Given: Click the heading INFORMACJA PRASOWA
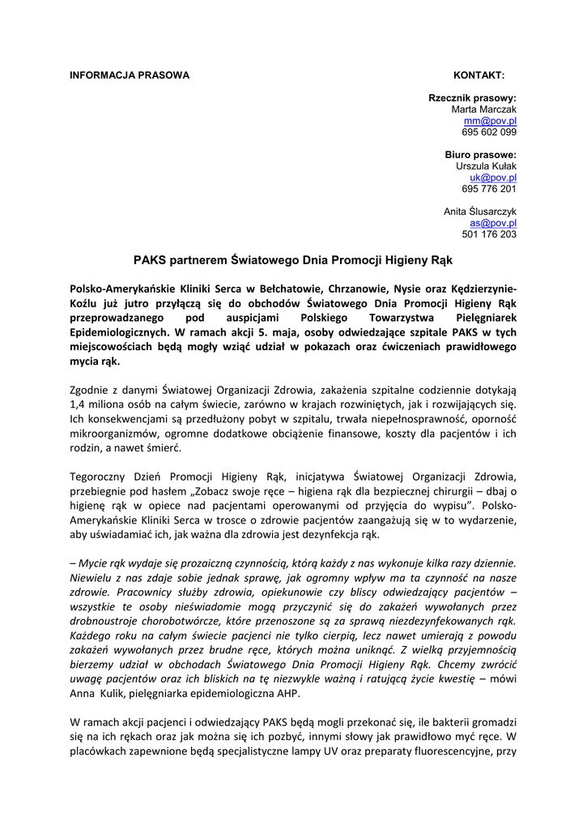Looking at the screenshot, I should [130, 75].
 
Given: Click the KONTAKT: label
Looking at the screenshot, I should [479, 75].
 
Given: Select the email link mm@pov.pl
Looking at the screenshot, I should [496, 121].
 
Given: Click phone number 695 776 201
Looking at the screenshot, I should [489, 189].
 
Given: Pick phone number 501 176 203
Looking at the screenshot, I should [489, 234].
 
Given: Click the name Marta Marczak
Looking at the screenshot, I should [483, 109].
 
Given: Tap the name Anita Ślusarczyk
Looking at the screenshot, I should [480, 212].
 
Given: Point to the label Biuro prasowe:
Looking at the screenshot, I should [480, 155].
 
